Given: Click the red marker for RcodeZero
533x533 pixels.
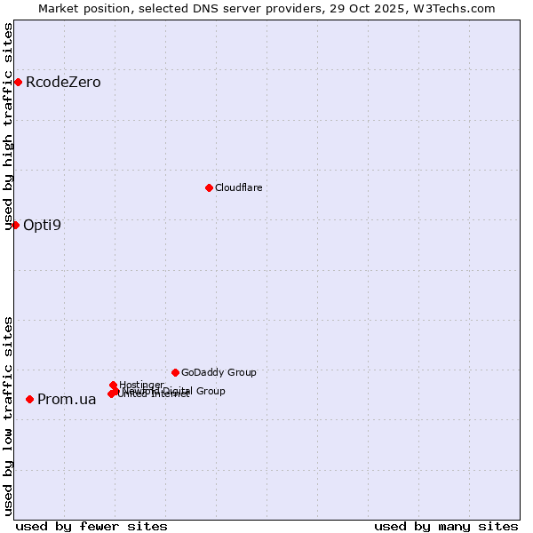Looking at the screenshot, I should (x=18, y=83).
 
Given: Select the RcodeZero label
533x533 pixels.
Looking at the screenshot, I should (x=63, y=83).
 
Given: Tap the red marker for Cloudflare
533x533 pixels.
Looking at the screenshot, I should (x=209, y=187).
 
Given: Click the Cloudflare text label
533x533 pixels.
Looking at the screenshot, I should (x=238, y=187).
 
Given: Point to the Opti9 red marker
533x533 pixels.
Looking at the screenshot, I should (x=15, y=225).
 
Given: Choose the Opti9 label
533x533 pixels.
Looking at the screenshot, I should (x=42, y=225).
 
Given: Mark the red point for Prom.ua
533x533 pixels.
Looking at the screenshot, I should (x=29, y=400).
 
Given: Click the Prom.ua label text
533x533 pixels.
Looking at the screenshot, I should (x=67, y=400).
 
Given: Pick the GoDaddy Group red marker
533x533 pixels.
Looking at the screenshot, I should (x=175, y=372).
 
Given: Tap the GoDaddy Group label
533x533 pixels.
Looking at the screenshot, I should (x=219, y=373).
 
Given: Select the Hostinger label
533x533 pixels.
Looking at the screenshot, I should (x=141, y=385).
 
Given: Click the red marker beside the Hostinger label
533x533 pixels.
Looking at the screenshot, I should (x=113, y=386).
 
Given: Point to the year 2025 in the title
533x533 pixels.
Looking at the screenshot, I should (x=395, y=8).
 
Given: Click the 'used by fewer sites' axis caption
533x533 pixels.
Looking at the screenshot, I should (x=91, y=526).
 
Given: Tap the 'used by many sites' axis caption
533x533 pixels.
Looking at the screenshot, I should (x=446, y=526).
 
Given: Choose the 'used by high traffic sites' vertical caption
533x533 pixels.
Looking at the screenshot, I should (x=9, y=126).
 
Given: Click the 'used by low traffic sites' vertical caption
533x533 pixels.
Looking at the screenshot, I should (x=9, y=416).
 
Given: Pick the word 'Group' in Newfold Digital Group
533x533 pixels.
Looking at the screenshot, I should (x=210, y=391).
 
